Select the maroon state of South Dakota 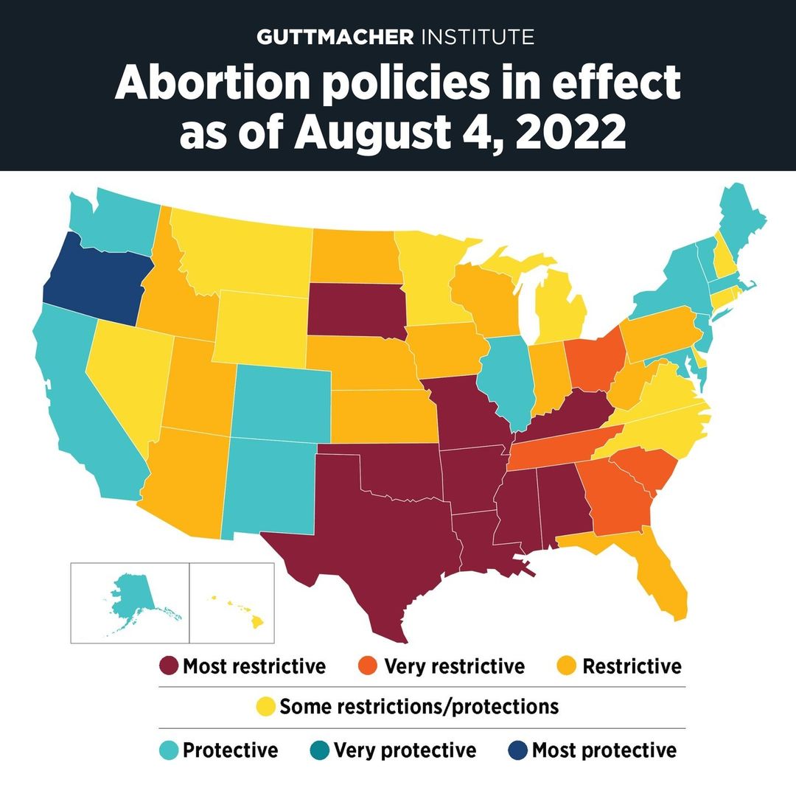(x=354, y=310)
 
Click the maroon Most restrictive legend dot (x=169, y=667)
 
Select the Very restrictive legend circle (x=370, y=667)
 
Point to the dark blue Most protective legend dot (x=517, y=751)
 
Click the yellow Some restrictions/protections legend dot (x=265, y=708)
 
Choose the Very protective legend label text (x=405, y=751)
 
